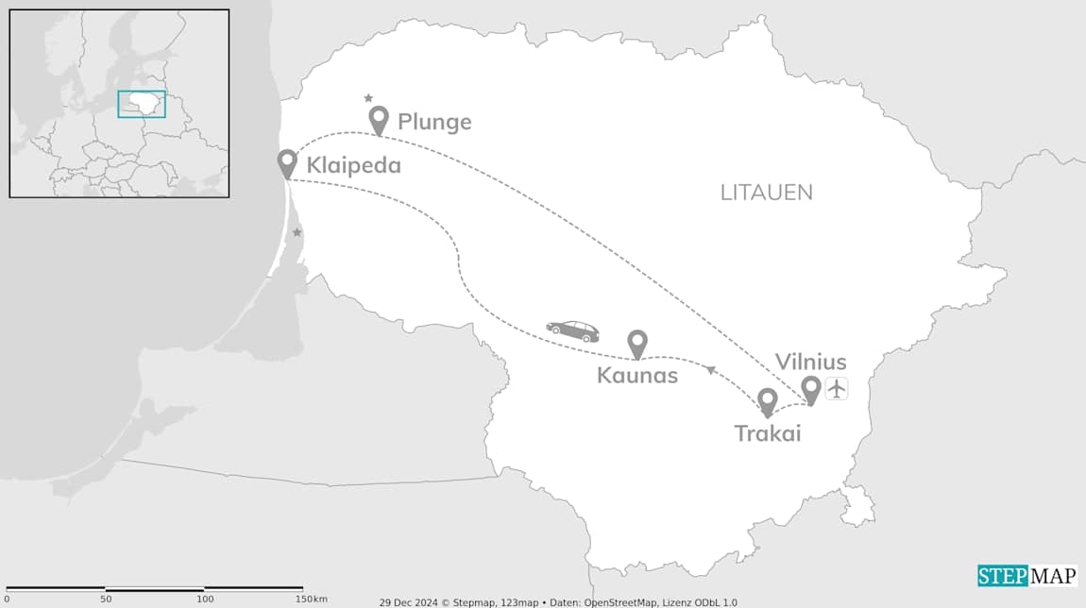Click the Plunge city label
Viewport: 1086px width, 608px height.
point(433,122)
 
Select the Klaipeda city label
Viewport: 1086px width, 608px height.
point(353,165)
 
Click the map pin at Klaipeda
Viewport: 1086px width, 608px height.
point(288,163)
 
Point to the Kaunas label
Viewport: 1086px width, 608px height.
point(637,376)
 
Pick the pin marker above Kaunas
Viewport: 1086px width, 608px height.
point(637,344)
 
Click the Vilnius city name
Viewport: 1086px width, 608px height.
point(810,362)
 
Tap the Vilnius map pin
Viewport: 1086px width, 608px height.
point(810,389)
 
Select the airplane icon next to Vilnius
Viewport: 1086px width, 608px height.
point(837,388)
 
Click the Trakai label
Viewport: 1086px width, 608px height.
point(768,433)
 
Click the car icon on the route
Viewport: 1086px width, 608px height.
point(572,330)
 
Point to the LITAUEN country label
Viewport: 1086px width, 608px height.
point(766,193)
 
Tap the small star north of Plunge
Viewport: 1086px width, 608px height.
point(368,97)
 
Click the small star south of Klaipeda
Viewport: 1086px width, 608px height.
point(297,232)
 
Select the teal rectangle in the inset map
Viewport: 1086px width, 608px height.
point(142,104)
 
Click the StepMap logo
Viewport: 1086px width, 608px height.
point(1027,576)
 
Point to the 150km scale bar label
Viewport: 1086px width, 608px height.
point(311,600)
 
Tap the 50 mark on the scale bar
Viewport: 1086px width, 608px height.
point(106,600)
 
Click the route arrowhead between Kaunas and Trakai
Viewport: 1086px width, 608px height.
point(711,370)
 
